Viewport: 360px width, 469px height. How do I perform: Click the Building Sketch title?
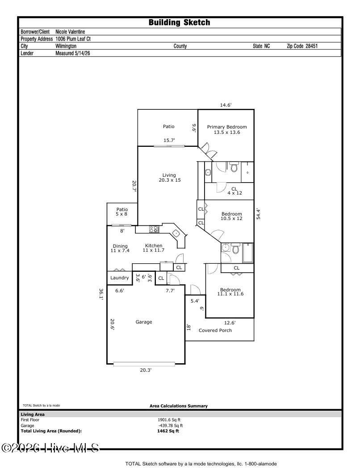click(180, 22)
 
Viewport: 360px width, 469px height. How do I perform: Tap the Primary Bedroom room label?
click(227, 129)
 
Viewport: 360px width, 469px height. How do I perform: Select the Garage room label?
click(144, 322)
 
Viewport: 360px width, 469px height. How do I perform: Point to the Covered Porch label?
click(215, 331)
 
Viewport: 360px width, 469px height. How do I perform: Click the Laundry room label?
click(120, 278)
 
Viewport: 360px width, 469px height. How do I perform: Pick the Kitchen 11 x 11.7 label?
click(154, 248)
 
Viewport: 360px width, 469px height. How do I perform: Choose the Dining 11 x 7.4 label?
click(120, 248)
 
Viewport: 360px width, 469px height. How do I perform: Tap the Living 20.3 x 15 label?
click(170, 178)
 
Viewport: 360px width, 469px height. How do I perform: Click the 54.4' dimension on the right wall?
click(259, 214)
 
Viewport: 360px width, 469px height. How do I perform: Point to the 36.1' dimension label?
click(101, 294)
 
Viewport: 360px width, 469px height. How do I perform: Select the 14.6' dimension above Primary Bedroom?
click(226, 105)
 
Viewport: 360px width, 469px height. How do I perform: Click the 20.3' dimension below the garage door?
click(146, 370)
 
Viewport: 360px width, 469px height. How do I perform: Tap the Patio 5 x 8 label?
click(122, 212)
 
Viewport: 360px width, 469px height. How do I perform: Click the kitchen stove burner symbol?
click(155, 229)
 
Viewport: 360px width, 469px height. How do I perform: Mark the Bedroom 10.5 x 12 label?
click(231, 216)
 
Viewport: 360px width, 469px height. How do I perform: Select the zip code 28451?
click(311, 46)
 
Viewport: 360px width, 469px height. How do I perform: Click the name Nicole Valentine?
click(70, 32)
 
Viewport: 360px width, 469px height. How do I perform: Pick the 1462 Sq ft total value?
click(168, 431)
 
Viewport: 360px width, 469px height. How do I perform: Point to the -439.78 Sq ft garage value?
click(171, 426)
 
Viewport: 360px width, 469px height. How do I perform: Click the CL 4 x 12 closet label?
click(234, 191)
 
